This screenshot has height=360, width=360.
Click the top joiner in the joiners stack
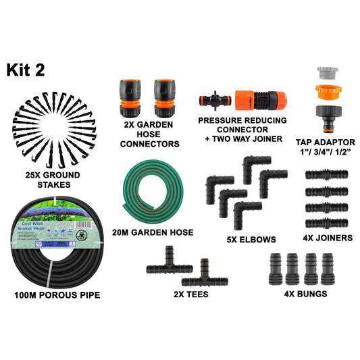[326, 174]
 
